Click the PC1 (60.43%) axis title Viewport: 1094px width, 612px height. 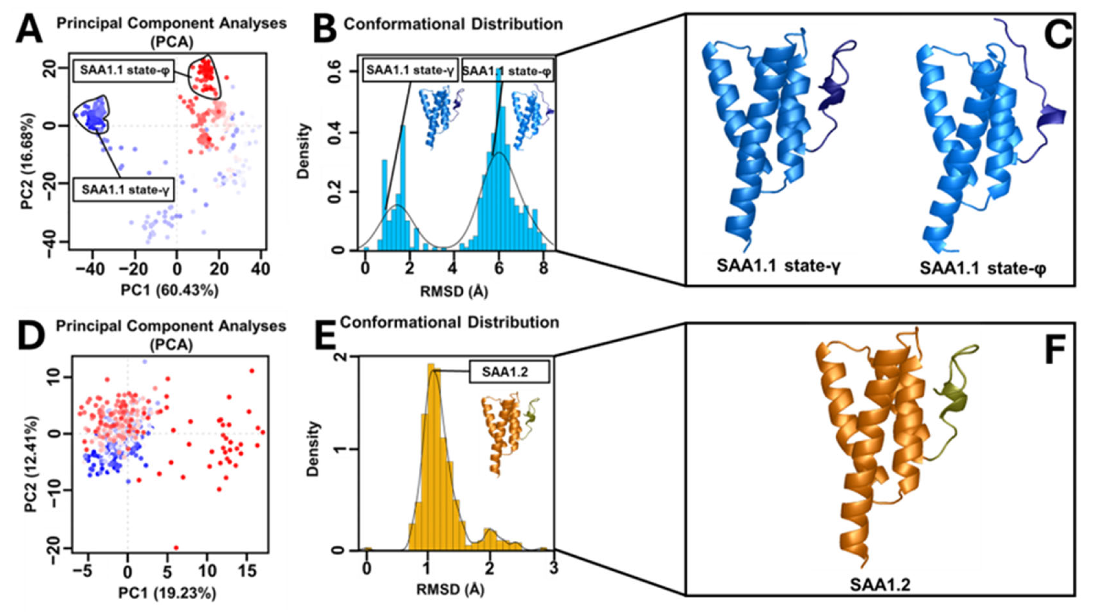pyautogui.click(x=170, y=291)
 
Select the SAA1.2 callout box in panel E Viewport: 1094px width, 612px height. pyautogui.click(x=509, y=372)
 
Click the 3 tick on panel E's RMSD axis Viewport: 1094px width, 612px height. pyautogui.click(x=553, y=568)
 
